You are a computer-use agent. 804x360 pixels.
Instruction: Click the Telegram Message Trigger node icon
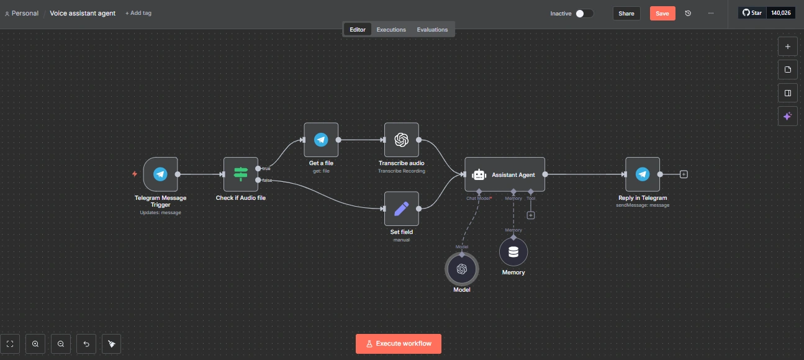(160, 174)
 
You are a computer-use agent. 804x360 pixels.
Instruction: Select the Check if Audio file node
(240, 174)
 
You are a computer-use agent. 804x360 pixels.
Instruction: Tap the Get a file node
(321, 140)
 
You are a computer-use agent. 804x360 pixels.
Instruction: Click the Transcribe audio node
(401, 140)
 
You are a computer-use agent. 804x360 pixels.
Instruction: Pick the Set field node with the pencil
(401, 209)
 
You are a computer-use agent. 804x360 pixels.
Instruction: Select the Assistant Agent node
(504, 174)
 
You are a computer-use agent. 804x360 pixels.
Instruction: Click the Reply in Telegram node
(642, 174)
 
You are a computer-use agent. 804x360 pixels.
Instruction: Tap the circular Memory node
(513, 251)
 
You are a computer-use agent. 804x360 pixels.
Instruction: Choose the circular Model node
(461, 269)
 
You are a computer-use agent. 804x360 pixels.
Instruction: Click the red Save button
(662, 13)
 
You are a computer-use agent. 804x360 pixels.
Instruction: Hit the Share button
(626, 13)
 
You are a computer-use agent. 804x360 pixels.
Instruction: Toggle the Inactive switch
(584, 13)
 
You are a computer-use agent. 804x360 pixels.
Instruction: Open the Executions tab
(391, 29)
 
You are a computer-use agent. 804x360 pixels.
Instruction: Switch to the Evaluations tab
(432, 29)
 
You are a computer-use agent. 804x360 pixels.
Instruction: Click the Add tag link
(138, 13)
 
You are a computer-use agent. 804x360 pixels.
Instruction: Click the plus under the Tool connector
(531, 215)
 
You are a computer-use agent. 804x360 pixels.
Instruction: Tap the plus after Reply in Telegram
(684, 174)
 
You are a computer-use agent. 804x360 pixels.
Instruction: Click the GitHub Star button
(752, 12)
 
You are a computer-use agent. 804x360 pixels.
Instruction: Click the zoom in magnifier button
(35, 343)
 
